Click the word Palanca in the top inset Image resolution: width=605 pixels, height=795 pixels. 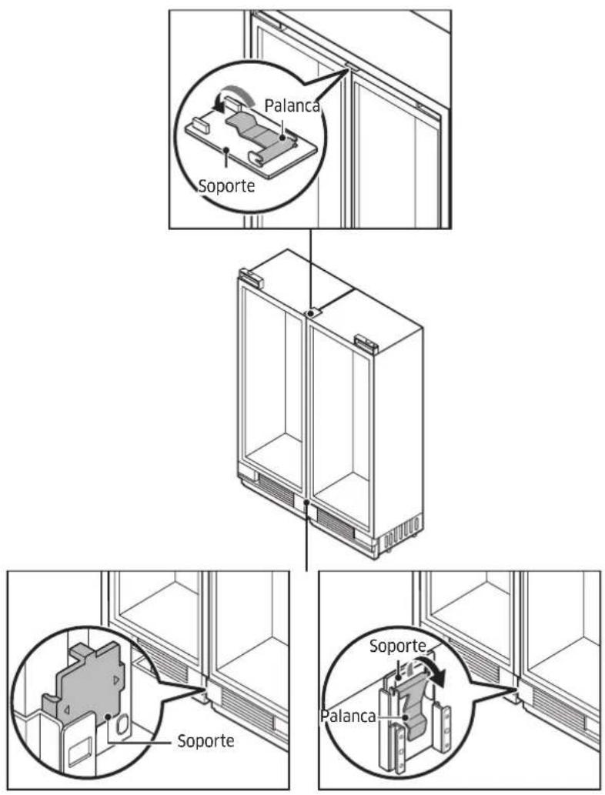click(292, 105)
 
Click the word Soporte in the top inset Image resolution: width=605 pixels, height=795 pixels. click(227, 186)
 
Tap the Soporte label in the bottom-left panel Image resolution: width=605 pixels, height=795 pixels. click(206, 741)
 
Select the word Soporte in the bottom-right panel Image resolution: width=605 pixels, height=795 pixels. click(397, 646)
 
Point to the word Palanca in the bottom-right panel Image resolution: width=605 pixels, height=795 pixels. click(348, 716)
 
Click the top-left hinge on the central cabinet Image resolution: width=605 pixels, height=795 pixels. click(251, 279)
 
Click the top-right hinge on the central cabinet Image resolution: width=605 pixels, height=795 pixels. click(366, 343)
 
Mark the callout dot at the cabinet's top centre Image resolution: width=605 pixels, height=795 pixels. click(309, 314)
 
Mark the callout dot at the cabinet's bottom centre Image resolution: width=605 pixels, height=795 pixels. click(306, 502)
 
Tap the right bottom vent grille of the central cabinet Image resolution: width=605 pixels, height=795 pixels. click(335, 523)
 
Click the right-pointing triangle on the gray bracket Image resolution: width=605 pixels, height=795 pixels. click(117, 679)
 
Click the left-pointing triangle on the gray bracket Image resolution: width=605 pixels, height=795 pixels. click(66, 710)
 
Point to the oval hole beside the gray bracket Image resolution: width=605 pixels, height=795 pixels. click(121, 725)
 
